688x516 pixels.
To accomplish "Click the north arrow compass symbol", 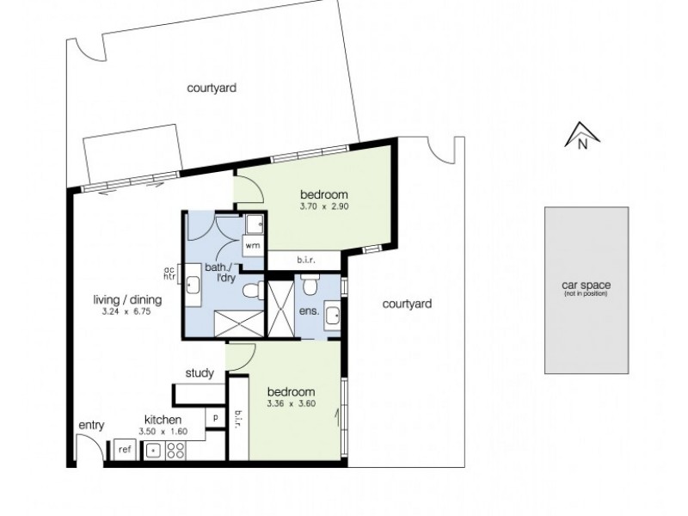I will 581,137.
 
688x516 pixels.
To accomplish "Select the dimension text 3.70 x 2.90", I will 323,206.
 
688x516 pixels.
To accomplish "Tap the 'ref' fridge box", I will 125,449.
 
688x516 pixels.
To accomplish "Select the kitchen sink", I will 153,450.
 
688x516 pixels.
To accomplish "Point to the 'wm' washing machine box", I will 253,245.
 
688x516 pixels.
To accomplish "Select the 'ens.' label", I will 310,311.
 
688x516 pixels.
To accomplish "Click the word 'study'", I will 200,373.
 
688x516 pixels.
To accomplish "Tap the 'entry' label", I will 90,426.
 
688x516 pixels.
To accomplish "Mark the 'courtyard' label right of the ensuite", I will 407,304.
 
